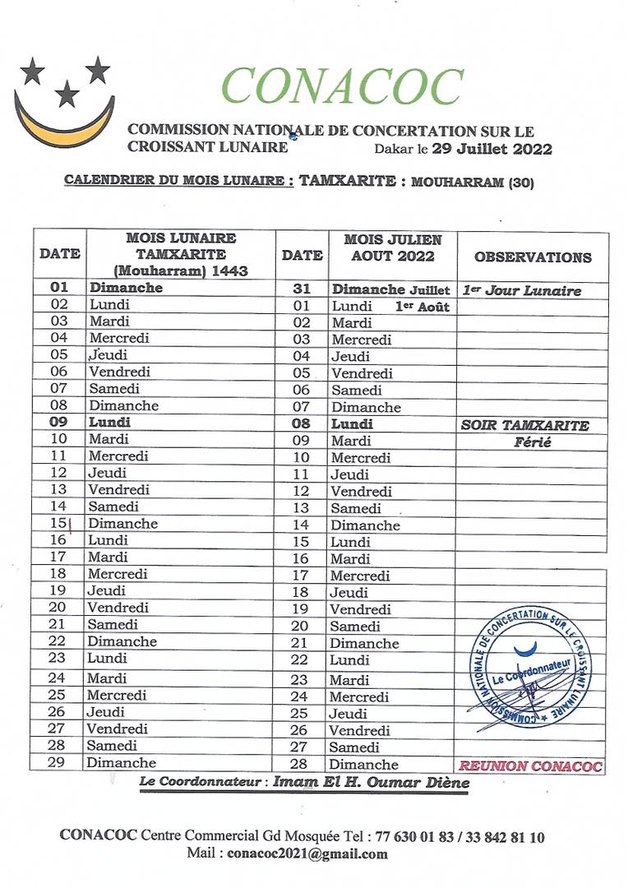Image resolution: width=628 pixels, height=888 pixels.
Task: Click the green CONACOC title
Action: pyautogui.click(x=343, y=86)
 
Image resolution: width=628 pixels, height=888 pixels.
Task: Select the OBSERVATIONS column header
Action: pyautogui.click(x=532, y=257)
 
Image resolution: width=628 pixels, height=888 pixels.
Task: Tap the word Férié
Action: pyautogui.click(x=533, y=442)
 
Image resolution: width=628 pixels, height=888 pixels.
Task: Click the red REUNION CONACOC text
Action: pyautogui.click(x=530, y=766)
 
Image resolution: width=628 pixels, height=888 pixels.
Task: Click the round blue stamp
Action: pyautogui.click(x=531, y=668)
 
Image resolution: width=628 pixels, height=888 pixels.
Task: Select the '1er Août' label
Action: pyautogui.click(x=423, y=306)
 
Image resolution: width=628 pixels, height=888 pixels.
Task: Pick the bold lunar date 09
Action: pyautogui.click(x=58, y=422)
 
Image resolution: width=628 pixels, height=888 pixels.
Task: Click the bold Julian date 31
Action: pyautogui.click(x=302, y=289)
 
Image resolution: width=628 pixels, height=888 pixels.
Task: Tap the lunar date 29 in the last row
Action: pyautogui.click(x=58, y=763)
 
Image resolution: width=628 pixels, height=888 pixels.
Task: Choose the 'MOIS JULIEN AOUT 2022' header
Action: pyautogui.click(x=392, y=247)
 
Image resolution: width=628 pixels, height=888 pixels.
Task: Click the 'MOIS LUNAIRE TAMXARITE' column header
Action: pyautogui.click(x=181, y=254)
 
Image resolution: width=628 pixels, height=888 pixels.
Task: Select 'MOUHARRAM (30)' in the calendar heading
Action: pyautogui.click(x=472, y=183)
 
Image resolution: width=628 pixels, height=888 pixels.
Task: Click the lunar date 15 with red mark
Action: pyautogui.click(x=58, y=524)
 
